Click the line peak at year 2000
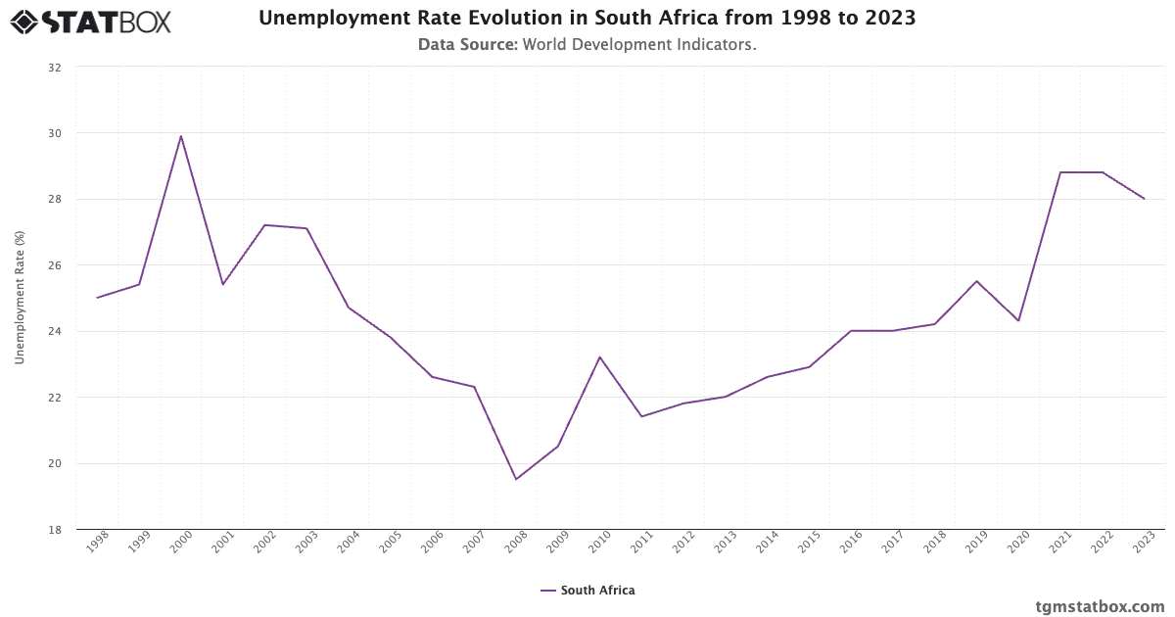[x=181, y=136]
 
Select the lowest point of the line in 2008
[x=516, y=479]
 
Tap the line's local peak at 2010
[x=599, y=356]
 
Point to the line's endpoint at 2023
[x=1144, y=199]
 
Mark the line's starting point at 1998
[x=97, y=298]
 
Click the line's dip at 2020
[x=1018, y=320]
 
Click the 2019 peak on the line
[x=976, y=281]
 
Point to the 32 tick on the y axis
[x=54, y=68]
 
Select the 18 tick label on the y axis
[x=54, y=530]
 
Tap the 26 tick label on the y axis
[x=54, y=265]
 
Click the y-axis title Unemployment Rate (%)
[x=20, y=298]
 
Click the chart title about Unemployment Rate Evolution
[x=587, y=19]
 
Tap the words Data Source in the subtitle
[x=467, y=44]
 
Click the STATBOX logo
[x=90, y=21]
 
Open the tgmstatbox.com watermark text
[x=1100, y=605]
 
